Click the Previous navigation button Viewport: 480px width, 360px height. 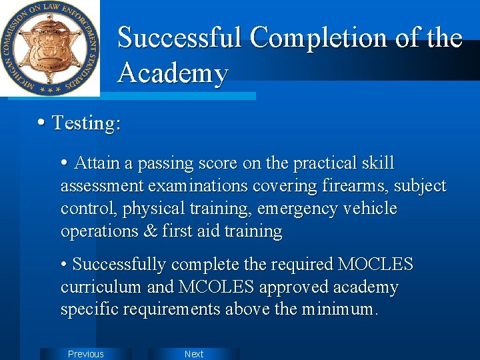click(x=86, y=354)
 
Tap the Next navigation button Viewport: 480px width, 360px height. click(x=194, y=354)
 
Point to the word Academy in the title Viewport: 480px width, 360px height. click(x=173, y=73)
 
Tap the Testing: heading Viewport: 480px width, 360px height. click(x=86, y=123)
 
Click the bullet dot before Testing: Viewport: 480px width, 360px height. click(x=42, y=123)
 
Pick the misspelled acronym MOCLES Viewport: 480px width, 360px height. click(x=375, y=265)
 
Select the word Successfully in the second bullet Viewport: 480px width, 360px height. click(x=119, y=265)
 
